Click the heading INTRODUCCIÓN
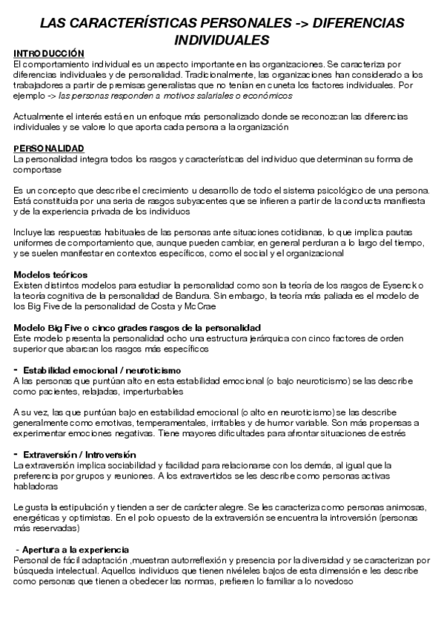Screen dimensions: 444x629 pyautogui.click(x=49, y=53)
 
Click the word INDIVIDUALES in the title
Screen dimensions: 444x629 pyautogui.click(x=222, y=39)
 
